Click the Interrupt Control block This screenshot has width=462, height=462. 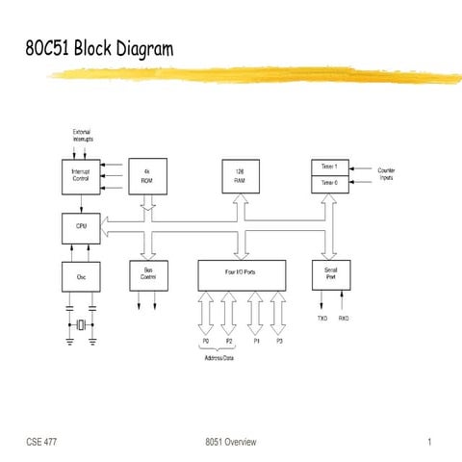click(x=80, y=175)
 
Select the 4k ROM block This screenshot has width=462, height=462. click(x=147, y=175)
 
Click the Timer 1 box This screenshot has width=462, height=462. click(x=329, y=167)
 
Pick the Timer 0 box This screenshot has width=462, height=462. click(x=329, y=183)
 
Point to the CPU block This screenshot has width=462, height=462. click(x=80, y=227)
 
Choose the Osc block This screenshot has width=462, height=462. click(x=80, y=276)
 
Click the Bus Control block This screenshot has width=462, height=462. click(x=147, y=275)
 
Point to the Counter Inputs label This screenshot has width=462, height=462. click(x=388, y=174)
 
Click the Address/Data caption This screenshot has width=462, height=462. click(x=219, y=358)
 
